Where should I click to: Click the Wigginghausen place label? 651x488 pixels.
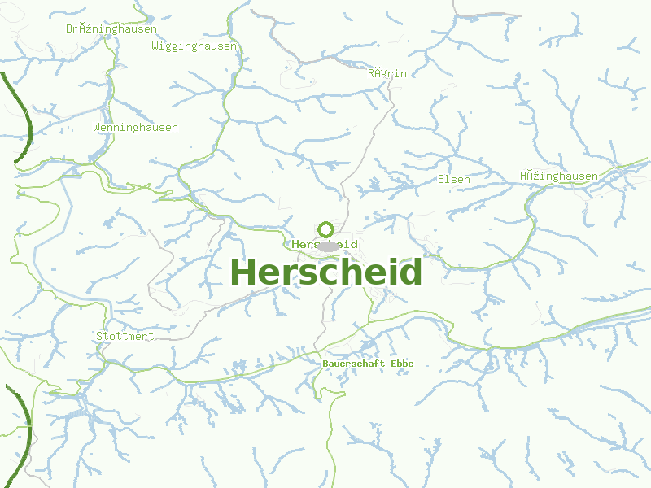194,46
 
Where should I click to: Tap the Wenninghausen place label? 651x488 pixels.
135,128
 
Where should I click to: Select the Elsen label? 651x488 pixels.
453,179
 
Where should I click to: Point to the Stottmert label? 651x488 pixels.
125,336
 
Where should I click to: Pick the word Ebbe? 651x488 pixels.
402,364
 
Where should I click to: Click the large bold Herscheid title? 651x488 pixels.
325,272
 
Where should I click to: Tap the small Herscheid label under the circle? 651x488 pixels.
325,245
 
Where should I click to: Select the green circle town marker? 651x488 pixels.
326,229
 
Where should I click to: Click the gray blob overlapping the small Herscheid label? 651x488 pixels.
329,246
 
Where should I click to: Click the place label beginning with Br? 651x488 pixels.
111,28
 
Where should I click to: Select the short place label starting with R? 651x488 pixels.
387,74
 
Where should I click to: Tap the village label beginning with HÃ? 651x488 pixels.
558,176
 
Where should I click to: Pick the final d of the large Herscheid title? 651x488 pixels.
411,272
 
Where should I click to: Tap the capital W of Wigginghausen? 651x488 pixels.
155,46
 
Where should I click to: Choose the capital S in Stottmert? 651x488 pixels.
99,336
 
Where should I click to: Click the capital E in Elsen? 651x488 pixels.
441,179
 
